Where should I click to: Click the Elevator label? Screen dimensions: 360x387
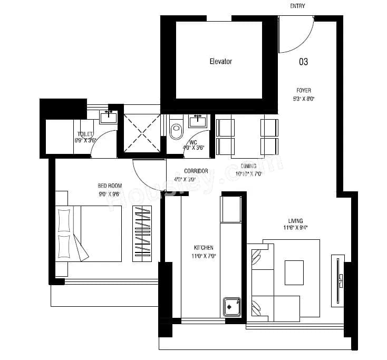(220, 62)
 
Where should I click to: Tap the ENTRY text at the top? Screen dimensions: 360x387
(297, 6)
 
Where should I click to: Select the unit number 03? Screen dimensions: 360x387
(303, 62)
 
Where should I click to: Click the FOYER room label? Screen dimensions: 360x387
(303, 90)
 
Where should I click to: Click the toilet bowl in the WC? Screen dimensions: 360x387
(176, 129)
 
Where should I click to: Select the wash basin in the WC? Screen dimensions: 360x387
(198, 121)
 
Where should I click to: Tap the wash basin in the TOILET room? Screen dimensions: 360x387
(109, 116)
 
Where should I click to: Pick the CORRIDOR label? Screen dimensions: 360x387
(196, 171)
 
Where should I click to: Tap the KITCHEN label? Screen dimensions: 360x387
(203, 247)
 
